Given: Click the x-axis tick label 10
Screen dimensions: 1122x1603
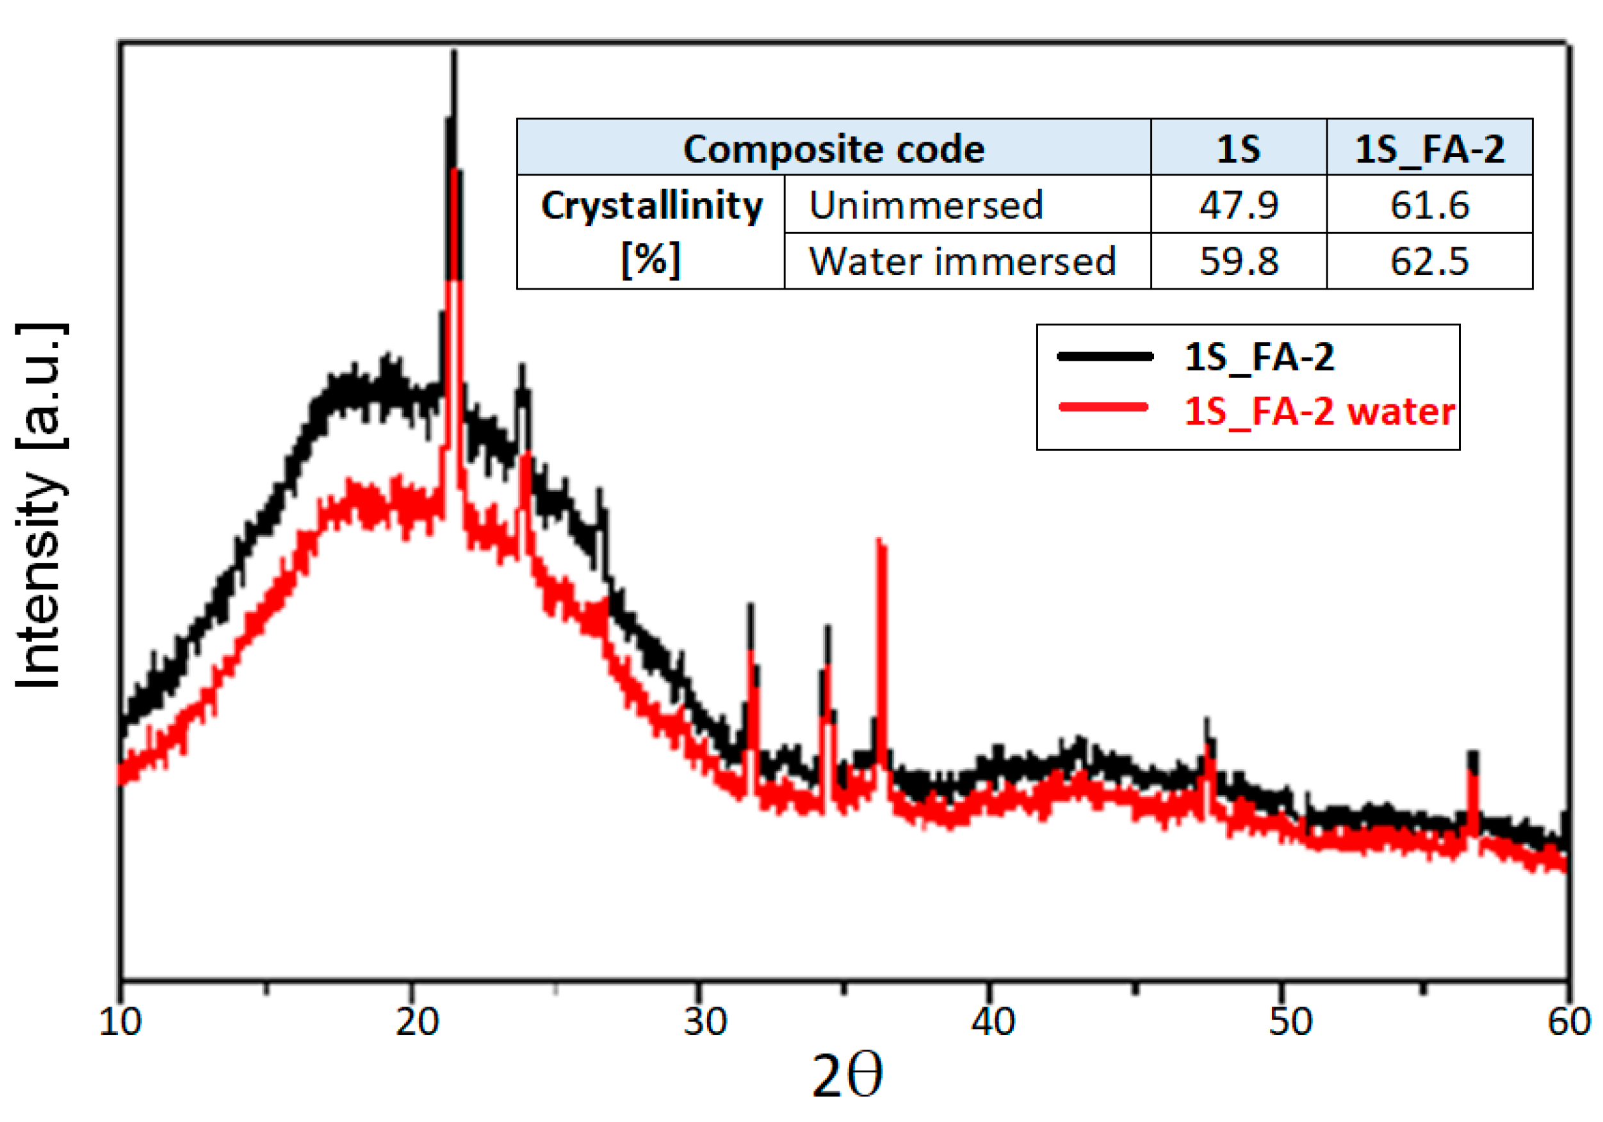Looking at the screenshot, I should point(120,1022).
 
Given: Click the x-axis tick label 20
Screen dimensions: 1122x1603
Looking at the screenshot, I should point(417,1022).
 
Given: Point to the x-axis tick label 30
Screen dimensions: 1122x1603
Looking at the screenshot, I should point(705,1022).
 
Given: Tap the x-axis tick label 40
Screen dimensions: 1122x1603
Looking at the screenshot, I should point(993,1022).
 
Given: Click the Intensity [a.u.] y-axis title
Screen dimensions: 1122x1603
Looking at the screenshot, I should point(40,505).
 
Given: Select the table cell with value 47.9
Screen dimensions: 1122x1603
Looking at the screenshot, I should point(1239,204).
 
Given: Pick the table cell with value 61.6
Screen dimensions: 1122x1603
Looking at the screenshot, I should point(1429,204).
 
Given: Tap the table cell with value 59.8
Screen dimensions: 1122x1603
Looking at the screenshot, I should point(1239,261).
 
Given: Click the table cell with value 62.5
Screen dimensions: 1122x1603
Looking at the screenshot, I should point(1429,261).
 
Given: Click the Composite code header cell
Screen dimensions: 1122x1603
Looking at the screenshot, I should point(834,149).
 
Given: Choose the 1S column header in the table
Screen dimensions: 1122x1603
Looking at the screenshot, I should point(1239,149).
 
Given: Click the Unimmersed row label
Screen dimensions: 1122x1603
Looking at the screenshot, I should point(926,204).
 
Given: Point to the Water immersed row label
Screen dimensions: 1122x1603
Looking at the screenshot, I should point(963,261).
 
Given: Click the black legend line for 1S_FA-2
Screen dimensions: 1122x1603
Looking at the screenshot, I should point(1105,356).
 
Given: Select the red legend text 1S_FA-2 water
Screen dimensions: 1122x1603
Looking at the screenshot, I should point(1319,411).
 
